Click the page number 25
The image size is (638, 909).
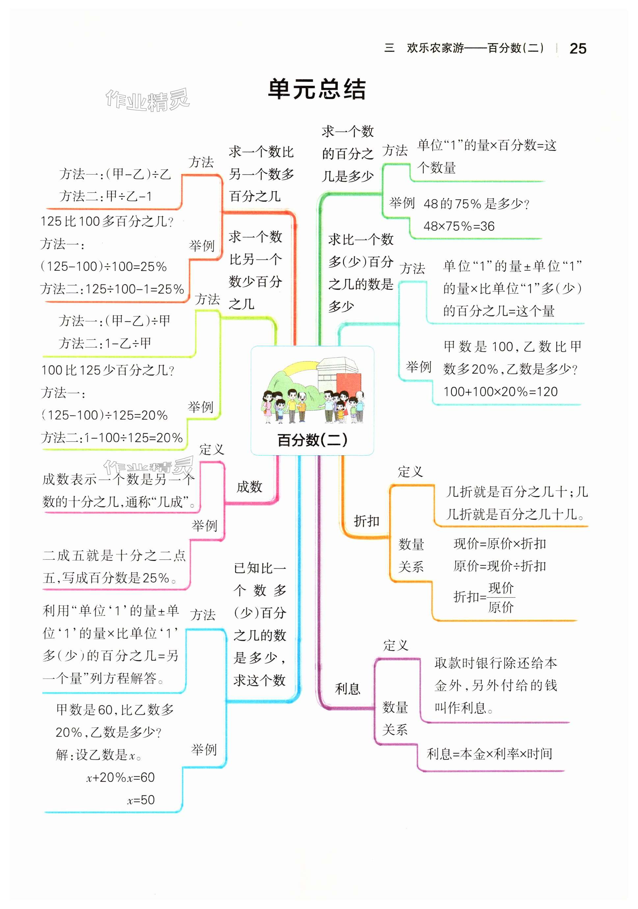[577, 49]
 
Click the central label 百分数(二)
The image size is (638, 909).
[312, 440]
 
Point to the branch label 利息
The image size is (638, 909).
[347, 689]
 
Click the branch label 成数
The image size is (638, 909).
[249, 487]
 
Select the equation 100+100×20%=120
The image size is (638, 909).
[500, 391]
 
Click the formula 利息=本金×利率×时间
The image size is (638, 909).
[489, 753]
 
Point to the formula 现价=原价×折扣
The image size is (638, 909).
[499, 544]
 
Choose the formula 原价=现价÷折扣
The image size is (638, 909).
[499, 566]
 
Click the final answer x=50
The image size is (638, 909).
[141, 800]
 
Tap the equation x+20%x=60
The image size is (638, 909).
[120, 778]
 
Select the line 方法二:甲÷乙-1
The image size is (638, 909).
[105, 196]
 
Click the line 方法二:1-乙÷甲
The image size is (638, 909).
[105, 343]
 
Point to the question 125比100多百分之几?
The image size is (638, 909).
[107, 221]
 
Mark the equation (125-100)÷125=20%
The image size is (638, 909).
[104, 415]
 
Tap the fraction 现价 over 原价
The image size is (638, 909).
[501, 598]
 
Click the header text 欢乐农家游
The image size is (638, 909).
[435, 48]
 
